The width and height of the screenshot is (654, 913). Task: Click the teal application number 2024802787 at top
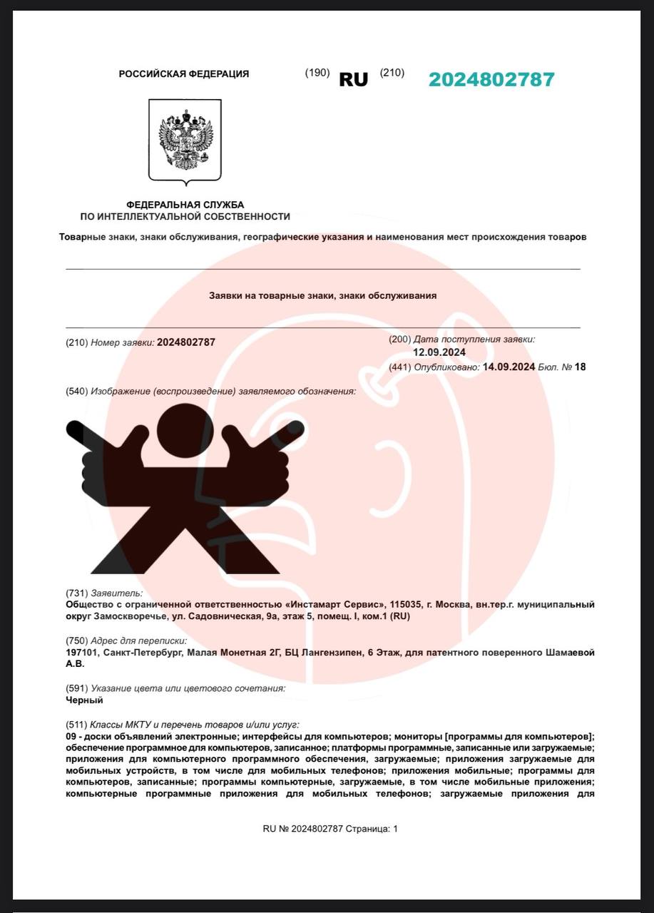point(491,79)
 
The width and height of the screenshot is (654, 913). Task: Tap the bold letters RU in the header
point(353,79)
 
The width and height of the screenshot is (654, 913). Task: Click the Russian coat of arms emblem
point(185,140)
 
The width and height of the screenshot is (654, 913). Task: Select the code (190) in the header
point(317,73)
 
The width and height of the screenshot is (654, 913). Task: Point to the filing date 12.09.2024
point(439,352)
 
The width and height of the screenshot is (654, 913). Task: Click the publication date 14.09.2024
point(509,367)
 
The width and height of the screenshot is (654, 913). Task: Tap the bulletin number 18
point(580,367)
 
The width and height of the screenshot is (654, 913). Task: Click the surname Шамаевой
point(568,652)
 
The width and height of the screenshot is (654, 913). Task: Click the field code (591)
point(76,688)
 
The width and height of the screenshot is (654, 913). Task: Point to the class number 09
point(71,735)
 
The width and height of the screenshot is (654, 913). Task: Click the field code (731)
point(76,593)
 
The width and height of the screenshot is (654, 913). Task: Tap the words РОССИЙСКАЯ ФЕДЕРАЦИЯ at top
point(184,73)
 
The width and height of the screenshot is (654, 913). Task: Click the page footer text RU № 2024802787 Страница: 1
point(330,829)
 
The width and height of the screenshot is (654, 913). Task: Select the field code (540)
point(76,391)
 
